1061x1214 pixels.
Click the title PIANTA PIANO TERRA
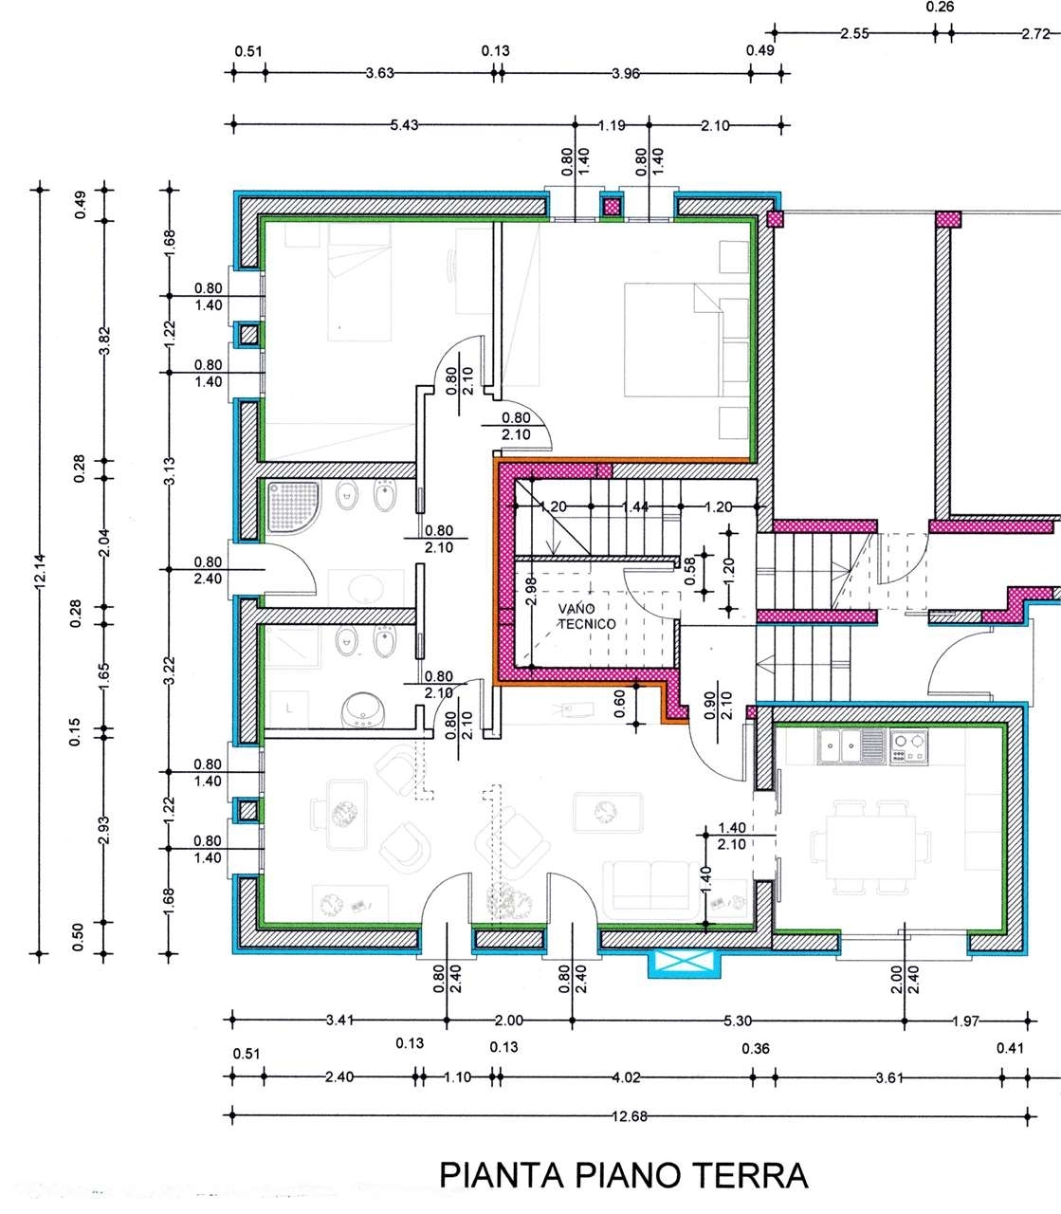[623, 1175]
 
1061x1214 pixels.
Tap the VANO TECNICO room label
[587, 616]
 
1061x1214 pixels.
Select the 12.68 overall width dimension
[630, 1116]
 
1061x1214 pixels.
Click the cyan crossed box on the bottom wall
[685, 963]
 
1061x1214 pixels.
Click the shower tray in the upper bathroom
[294, 507]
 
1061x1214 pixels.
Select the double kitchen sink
[851, 746]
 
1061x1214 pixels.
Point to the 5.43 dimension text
[404, 125]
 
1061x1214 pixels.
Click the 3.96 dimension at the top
[626, 74]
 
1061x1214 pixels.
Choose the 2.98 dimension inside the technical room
[531, 592]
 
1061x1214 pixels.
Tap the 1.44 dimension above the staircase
[635, 506]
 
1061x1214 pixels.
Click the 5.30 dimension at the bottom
[738, 1021]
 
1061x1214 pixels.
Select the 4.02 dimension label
[627, 1076]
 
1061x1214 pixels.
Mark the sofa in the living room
[651, 890]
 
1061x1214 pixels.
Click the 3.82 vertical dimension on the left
[104, 340]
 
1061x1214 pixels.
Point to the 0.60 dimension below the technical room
[619, 704]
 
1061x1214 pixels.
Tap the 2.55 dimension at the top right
[854, 33]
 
